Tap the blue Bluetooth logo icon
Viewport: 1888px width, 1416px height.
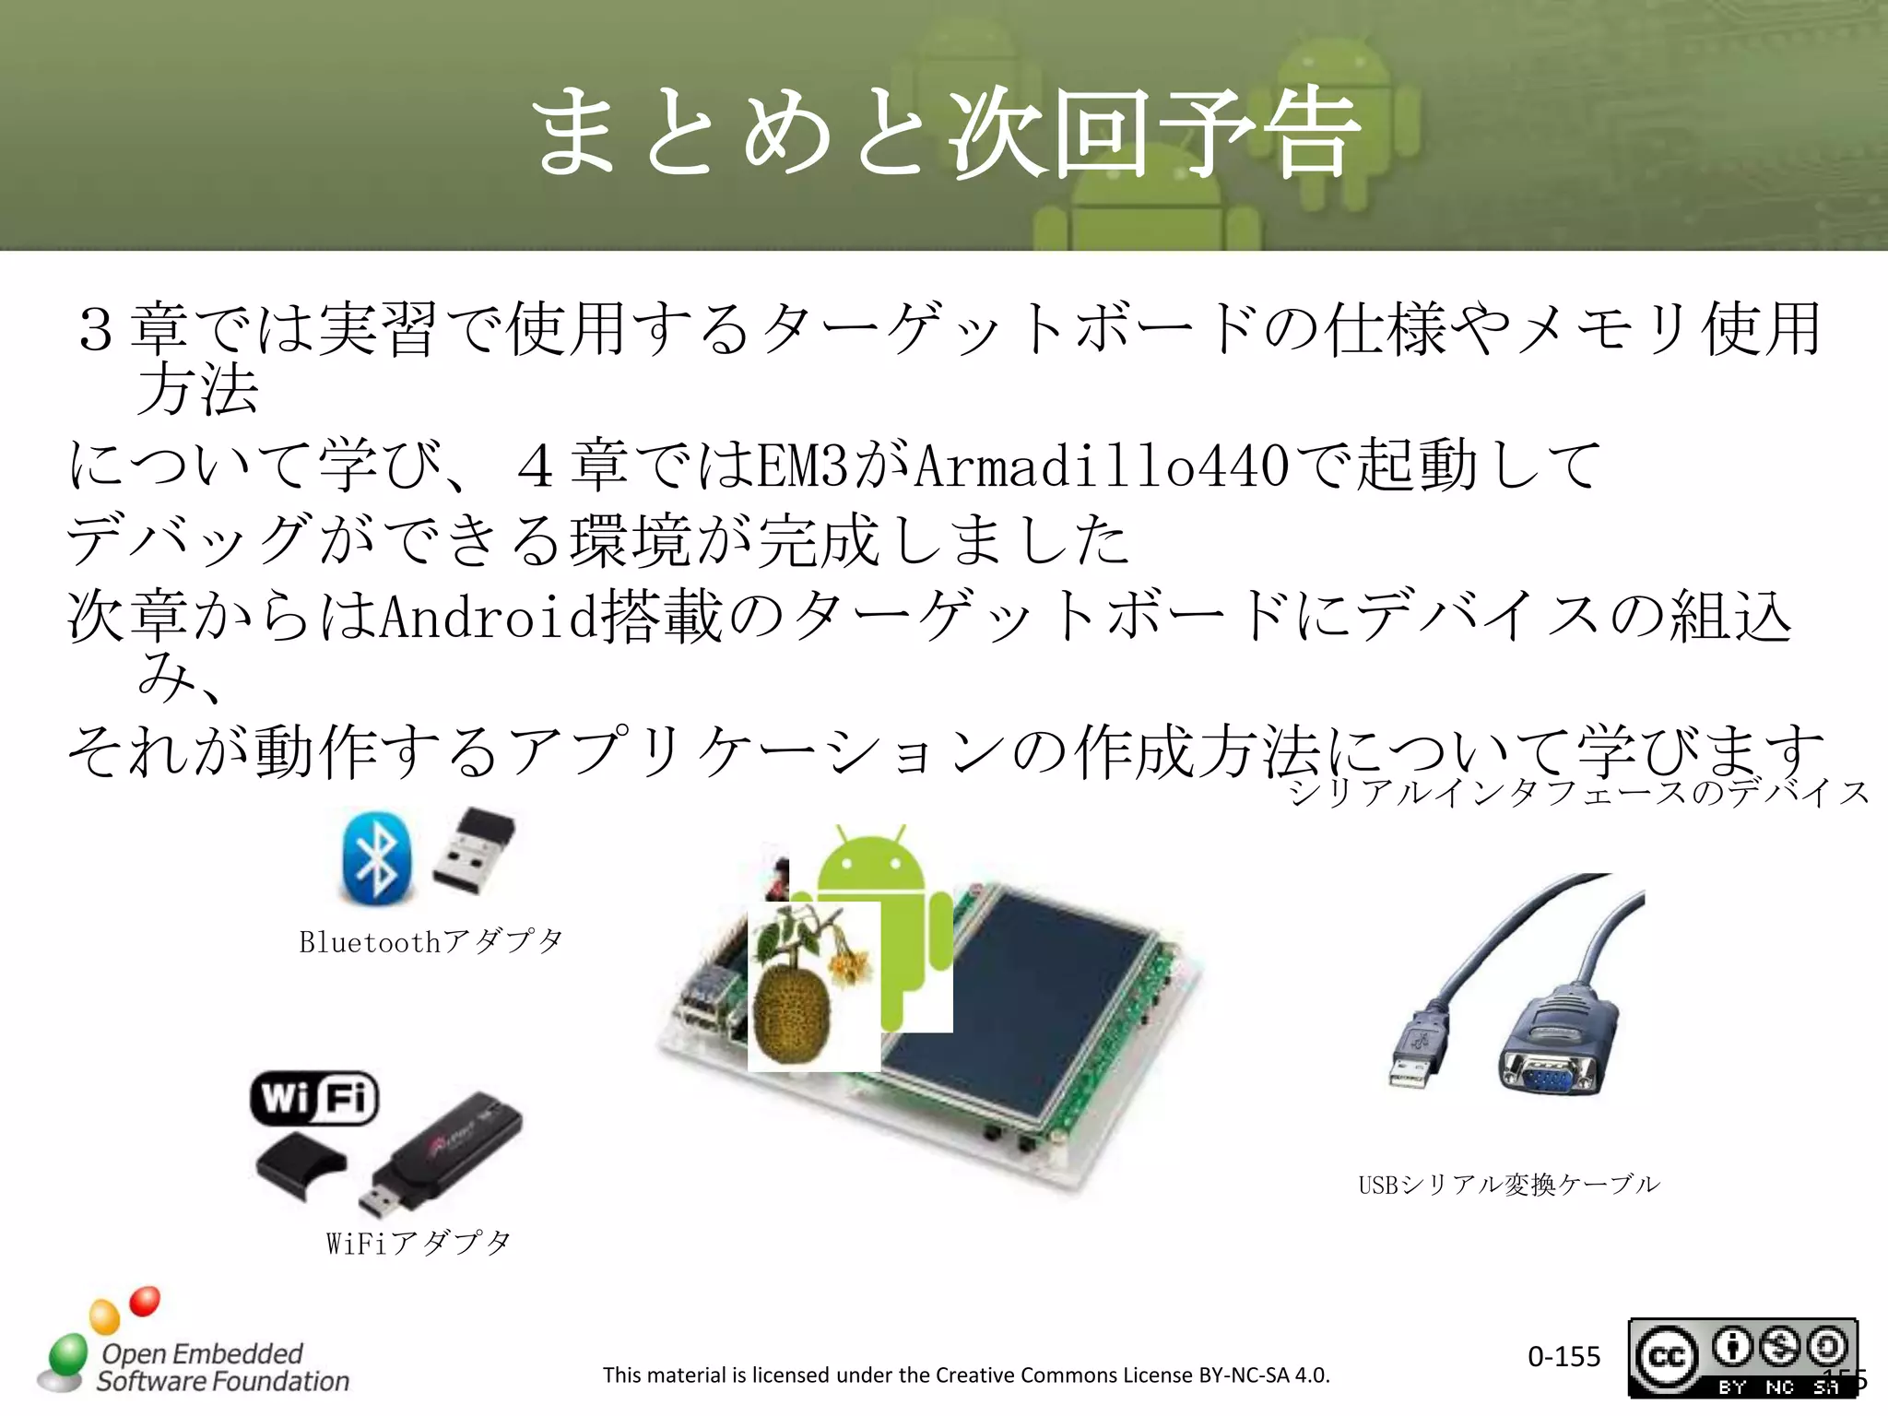tap(376, 857)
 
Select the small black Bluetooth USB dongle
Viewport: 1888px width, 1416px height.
tap(473, 850)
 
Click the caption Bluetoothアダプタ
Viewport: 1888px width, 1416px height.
tap(431, 941)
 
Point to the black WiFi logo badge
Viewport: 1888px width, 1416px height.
tap(314, 1098)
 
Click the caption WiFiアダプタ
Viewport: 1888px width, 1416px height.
tap(419, 1243)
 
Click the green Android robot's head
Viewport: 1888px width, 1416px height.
tap(871, 862)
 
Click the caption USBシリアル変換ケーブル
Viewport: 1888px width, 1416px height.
tap(1508, 1185)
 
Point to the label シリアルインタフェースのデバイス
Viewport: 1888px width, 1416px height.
tap(1578, 793)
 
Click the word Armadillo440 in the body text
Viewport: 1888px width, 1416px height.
tap(1102, 466)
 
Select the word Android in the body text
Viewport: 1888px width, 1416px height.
tap(489, 616)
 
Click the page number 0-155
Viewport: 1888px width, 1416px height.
tap(1563, 1356)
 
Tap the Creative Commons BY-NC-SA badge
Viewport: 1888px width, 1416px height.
tap(1742, 1357)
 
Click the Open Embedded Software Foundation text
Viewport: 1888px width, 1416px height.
tap(221, 1367)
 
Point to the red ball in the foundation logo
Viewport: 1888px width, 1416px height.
tap(145, 1301)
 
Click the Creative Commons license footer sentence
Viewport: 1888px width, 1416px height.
tap(966, 1375)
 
